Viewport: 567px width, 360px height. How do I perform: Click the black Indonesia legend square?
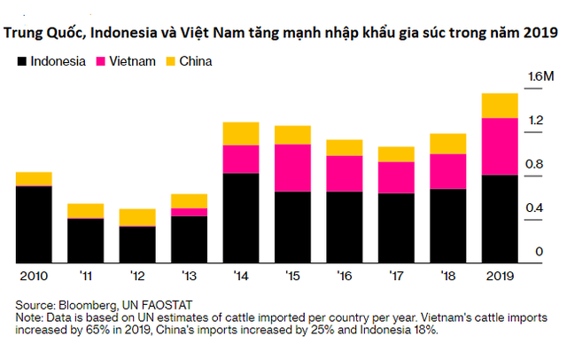coord(21,62)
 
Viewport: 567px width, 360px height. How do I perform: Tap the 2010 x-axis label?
coord(35,276)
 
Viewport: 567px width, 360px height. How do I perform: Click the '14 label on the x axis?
coord(240,276)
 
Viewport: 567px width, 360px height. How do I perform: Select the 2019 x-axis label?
coord(499,276)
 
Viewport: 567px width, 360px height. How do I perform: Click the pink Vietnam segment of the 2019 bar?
coord(499,146)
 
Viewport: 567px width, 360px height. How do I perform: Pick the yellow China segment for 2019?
coord(499,106)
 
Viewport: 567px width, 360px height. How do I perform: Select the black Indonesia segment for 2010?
coord(35,224)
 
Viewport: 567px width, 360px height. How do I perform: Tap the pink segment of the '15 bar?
coord(292,168)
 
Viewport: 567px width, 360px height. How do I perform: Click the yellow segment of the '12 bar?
coord(137,217)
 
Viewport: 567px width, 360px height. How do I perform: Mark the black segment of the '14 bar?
coord(240,218)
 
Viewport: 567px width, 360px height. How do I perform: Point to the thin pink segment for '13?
coord(189,212)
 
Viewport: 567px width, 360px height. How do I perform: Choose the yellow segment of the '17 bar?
coord(395,154)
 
